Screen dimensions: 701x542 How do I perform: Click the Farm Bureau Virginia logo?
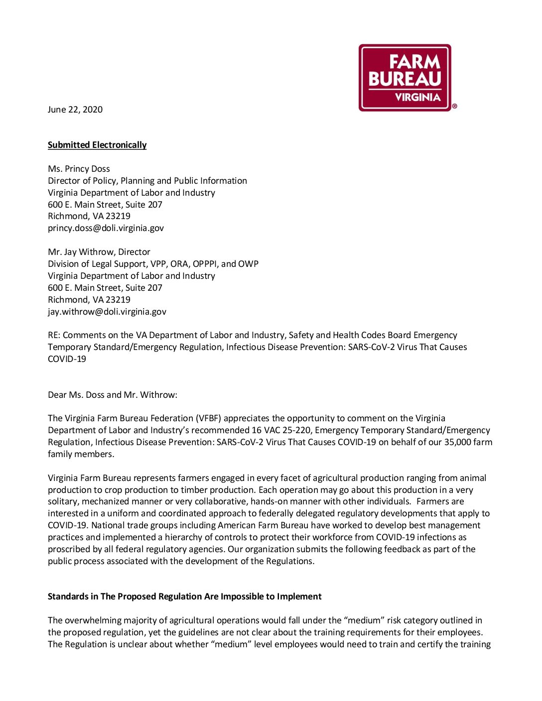(x=405, y=78)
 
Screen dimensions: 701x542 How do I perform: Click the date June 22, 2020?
(x=75, y=110)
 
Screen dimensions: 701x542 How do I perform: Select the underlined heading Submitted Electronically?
(x=97, y=145)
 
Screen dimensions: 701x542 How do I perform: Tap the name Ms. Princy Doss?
(x=79, y=169)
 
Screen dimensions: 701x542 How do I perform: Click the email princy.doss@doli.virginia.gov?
(x=106, y=228)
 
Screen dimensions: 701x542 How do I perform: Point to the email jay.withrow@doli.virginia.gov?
(x=107, y=312)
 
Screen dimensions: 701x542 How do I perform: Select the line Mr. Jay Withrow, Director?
(x=99, y=252)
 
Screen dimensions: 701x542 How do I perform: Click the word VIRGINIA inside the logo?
(x=417, y=98)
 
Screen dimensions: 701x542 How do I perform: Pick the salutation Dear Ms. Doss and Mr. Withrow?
(x=113, y=395)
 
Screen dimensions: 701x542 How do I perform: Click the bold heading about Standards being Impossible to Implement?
(x=184, y=596)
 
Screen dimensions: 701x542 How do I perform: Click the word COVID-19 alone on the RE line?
(x=67, y=359)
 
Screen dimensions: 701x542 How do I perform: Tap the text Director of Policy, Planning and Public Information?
(x=147, y=181)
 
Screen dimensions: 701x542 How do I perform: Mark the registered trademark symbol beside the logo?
(x=454, y=106)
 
